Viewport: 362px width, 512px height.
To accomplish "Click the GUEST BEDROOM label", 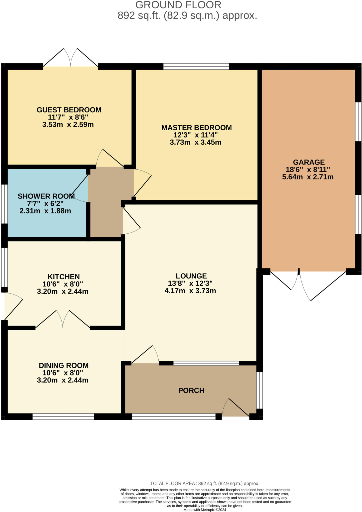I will [69, 110].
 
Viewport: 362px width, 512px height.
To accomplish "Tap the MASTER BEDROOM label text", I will [196, 127].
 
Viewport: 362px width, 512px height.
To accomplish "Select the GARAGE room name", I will [309, 162].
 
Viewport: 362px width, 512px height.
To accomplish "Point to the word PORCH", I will [191, 390].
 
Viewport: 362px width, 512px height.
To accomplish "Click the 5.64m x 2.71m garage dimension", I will [308, 177].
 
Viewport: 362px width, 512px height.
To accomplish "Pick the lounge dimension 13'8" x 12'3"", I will [190, 283].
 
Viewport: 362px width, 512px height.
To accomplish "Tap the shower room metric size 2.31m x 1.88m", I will [45, 211].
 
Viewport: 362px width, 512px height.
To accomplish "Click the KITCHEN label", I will [64, 276].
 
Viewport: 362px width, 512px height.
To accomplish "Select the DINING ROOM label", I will [64, 365].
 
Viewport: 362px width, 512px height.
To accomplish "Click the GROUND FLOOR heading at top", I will [178, 5].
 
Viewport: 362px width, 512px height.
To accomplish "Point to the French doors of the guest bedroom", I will [70, 59].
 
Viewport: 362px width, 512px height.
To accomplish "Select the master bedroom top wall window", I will [196, 66].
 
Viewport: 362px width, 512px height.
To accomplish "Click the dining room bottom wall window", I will [63, 416].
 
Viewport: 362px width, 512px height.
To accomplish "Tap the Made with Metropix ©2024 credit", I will [205, 509].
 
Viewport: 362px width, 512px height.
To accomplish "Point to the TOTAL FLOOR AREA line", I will [205, 483].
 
